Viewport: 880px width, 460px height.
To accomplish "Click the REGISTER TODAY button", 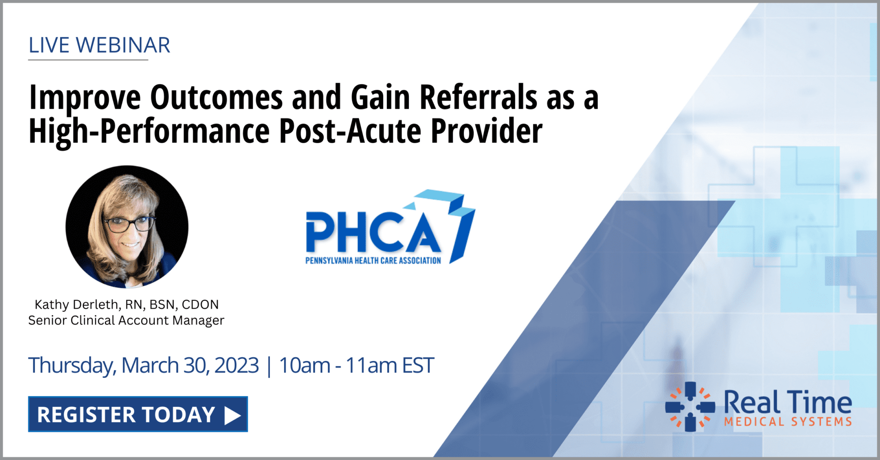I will [x=137, y=414].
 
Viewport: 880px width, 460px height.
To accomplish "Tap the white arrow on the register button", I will [x=232, y=415].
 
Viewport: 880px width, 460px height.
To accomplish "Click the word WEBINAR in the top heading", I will [x=123, y=45].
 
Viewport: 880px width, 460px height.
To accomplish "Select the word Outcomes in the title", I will [x=216, y=97].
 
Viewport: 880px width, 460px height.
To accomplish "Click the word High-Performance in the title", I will [x=149, y=131].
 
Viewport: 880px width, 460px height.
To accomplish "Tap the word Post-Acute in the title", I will [x=350, y=131].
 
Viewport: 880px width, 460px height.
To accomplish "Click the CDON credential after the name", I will [x=200, y=305].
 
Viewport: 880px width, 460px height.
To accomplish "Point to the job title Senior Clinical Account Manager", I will [x=126, y=320].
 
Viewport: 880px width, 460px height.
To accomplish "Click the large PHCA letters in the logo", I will [x=374, y=233].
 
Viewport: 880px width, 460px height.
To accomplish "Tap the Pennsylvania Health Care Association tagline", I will [x=373, y=260].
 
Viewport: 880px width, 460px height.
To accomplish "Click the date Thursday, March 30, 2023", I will [x=143, y=366].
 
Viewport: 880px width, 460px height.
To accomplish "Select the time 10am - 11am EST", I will [x=356, y=366].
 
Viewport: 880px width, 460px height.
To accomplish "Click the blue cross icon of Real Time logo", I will [x=690, y=407].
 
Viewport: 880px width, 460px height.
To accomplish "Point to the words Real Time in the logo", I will [x=787, y=403].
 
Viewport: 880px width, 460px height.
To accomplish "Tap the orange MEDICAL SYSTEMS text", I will [x=787, y=421].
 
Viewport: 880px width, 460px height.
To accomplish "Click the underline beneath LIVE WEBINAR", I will [x=88, y=60].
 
